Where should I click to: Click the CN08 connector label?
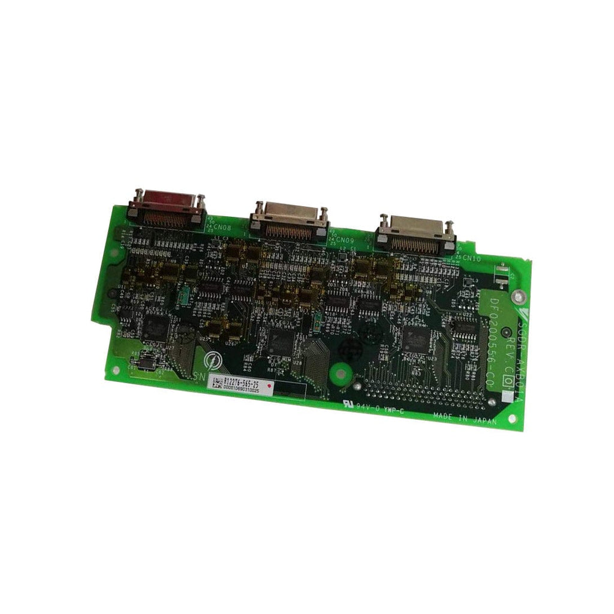point(221,228)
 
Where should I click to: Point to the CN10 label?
point(471,258)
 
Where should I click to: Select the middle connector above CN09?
point(290,221)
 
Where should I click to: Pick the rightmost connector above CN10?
point(415,235)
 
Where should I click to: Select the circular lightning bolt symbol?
point(212,360)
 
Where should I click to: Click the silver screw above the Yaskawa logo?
point(519,296)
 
